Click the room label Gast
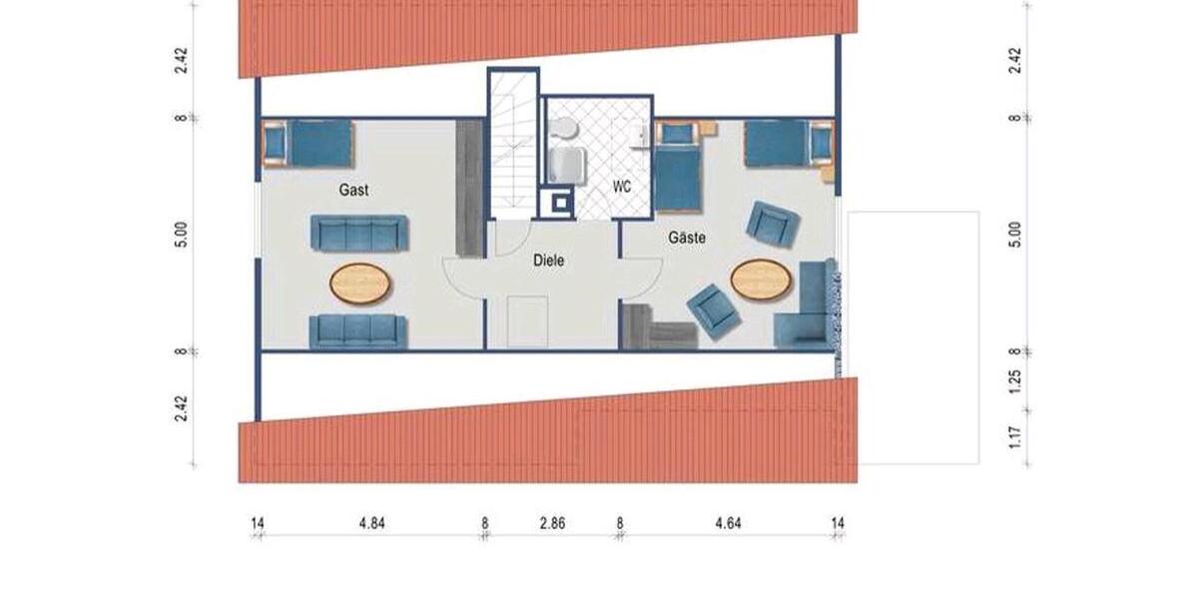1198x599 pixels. (x=353, y=190)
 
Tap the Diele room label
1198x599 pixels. (x=549, y=261)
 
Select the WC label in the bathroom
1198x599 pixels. (x=622, y=187)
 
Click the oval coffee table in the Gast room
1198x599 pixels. (x=360, y=283)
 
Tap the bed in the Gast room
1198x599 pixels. (x=308, y=143)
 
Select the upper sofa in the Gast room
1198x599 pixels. (x=357, y=233)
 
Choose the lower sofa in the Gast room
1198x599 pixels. (x=357, y=330)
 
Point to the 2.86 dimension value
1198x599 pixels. (x=551, y=521)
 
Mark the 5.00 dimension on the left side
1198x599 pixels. (x=180, y=236)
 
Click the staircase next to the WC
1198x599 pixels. (x=512, y=145)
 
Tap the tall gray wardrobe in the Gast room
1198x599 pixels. (x=468, y=188)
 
